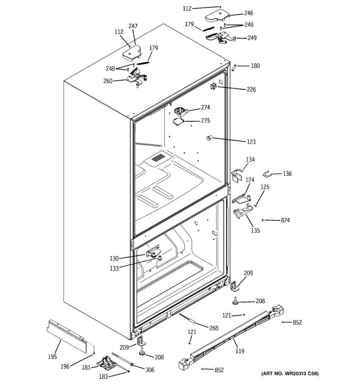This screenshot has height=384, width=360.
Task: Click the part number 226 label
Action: coord(251,89)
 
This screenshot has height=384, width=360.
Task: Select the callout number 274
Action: coord(205,108)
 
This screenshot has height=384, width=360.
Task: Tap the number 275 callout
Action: coord(205,121)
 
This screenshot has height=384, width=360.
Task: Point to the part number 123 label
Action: coord(251,141)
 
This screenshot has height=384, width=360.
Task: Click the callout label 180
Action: coord(255,66)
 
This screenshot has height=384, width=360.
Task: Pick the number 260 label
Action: coord(108,81)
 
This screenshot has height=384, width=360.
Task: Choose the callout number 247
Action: coord(133,26)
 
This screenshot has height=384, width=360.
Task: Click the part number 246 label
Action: coord(248,13)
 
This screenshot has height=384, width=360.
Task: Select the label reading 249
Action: coord(252,38)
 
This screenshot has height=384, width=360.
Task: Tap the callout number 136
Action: coord(287,174)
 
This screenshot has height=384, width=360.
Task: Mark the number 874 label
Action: coord(285,220)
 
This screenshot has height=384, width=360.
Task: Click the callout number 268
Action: coord(213,328)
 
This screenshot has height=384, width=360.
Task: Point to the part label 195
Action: coord(52,357)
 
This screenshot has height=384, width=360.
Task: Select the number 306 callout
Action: coord(150,370)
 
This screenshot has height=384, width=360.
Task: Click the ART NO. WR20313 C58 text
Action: coord(290,373)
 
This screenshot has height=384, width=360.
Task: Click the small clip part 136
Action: coord(268,173)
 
